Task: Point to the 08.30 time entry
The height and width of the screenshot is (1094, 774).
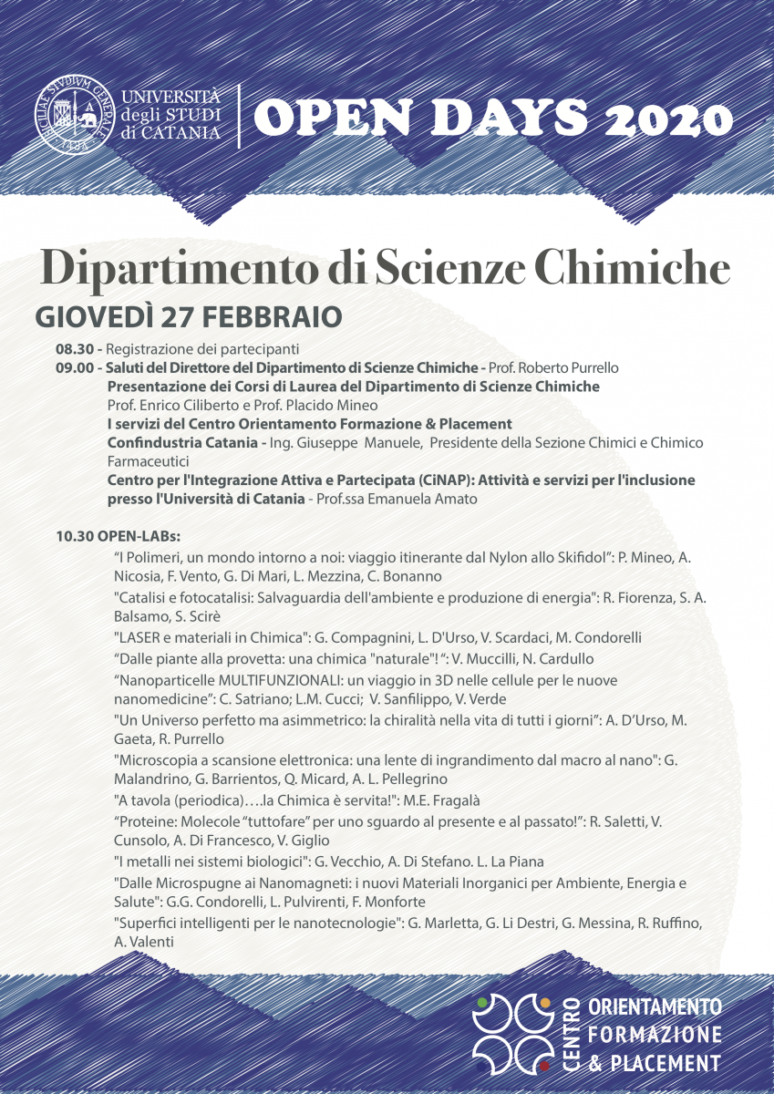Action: point(74,349)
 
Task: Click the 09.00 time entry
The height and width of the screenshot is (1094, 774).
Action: point(74,368)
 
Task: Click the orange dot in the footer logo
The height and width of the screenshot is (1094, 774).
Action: point(545,1003)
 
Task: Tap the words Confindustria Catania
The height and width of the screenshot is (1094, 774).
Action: point(183,442)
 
